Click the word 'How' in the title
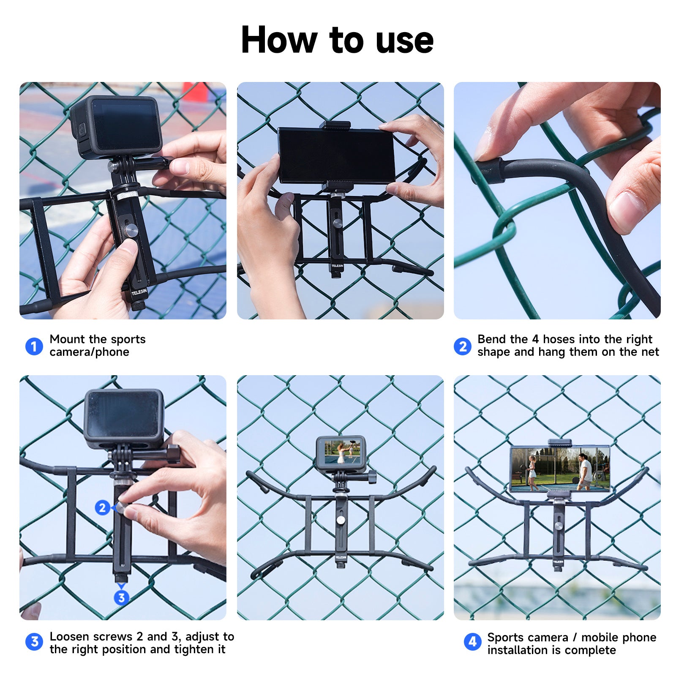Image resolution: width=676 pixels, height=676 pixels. (278, 41)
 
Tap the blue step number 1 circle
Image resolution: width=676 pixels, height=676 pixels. (34, 346)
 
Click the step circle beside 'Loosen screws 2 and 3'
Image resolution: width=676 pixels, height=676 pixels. (34, 642)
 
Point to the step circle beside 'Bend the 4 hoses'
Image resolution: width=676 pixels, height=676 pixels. (462, 346)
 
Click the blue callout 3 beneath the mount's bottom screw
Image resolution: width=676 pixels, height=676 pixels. (121, 597)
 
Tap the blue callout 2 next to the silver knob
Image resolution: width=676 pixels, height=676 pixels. (102, 507)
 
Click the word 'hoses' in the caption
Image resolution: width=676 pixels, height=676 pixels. (559, 339)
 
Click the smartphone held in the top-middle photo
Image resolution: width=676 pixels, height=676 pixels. (336, 155)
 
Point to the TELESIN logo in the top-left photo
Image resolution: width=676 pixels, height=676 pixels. (139, 292)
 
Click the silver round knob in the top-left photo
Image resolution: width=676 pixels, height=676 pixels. (130, 230)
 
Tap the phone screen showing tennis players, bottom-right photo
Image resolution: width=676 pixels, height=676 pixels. (560, 469)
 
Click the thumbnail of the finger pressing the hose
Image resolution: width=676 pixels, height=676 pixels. (557, 200)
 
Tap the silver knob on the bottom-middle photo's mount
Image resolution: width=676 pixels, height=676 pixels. (340, 521)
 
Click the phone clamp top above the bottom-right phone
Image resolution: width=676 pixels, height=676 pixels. (559, 443)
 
